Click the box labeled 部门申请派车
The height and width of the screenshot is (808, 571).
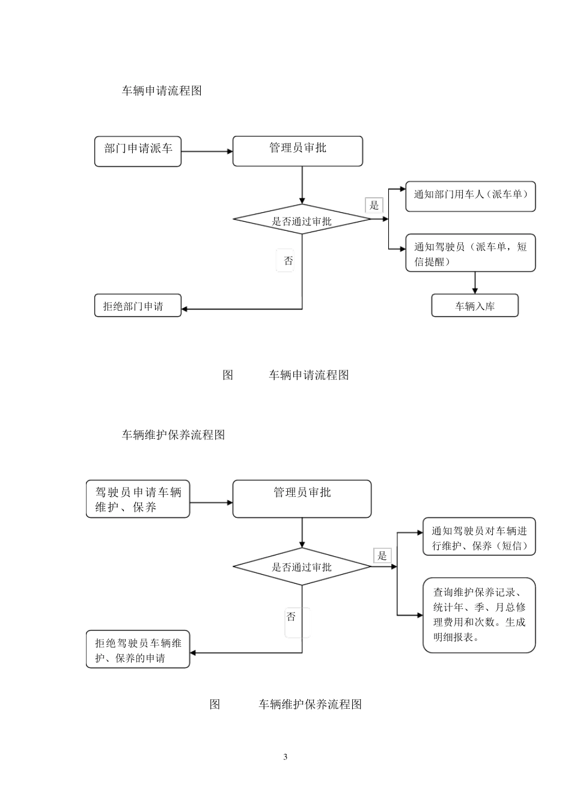pyautogui.click(x=138, y=151)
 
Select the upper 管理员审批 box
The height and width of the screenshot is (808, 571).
pyautogui.click(x=298, y=151)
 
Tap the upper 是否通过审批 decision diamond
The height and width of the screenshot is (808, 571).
pyautogui.click(x=302, y=221)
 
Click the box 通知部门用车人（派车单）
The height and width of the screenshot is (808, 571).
pyautogui.click(x=470, y=196)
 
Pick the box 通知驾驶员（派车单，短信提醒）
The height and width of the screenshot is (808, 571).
pyautogui.click(x=470, y=253)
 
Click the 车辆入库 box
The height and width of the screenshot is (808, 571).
pyautogui.click(x=474, y=306)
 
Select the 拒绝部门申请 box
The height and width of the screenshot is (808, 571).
pyautogui.click(x=138, y=306)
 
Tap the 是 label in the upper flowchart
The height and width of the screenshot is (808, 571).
pyautogui.click(x=374, y=206)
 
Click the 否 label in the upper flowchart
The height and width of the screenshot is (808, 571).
pyautogui.click(x=288, y=261)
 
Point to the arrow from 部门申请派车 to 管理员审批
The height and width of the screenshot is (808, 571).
pyautogui.click(x=207, y=151)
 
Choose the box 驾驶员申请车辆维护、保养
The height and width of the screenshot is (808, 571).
pyautogui.click(x=138, y=500)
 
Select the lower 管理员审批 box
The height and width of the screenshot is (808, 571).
pyautogui.click(x=302, y=499)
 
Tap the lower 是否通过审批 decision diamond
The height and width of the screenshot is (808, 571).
pyautogui.click(x=302, y=567)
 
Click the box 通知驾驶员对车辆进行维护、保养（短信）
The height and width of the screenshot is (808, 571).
pyautogui.click(x=479, y=537)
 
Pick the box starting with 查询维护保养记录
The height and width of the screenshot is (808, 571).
pyautogui.click(x=479, y=615)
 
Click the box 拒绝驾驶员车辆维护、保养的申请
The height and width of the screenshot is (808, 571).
pyautogui.click(x=138, y=649)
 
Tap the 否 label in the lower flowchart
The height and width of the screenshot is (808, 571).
pyautogui.click(x=291, y=617)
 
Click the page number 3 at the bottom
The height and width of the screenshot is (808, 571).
pyautogui.click(x=285, y=757)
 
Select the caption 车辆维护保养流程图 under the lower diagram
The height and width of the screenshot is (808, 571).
pyautogui.click(x=310, y=704)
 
